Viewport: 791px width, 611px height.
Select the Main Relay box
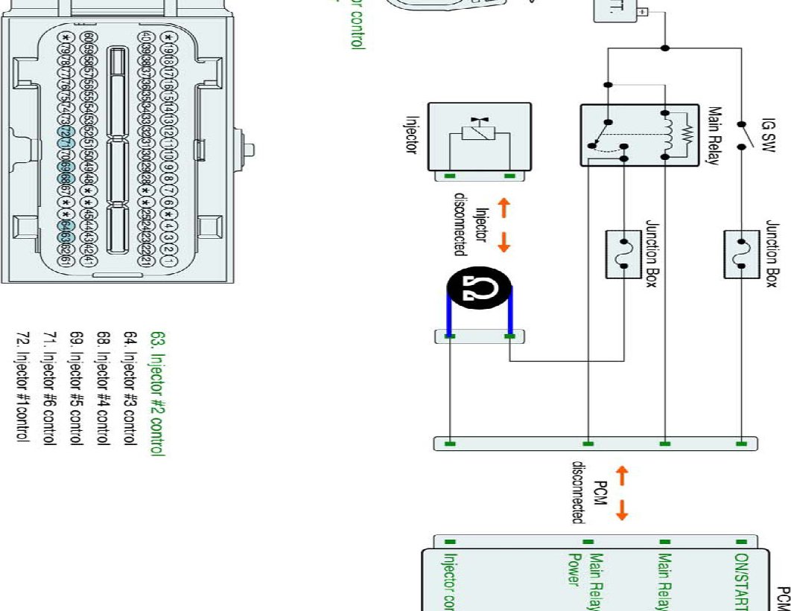click(x=629, y=135)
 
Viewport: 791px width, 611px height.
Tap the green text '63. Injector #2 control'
click(x=157, y=392)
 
